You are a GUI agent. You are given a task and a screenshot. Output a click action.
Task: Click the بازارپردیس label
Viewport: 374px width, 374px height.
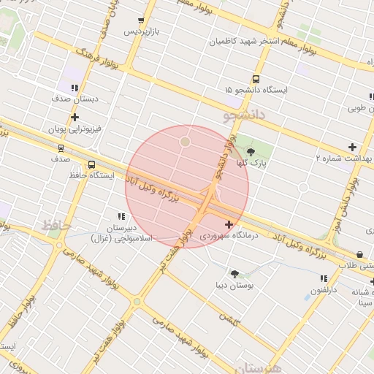(x=140, y=32)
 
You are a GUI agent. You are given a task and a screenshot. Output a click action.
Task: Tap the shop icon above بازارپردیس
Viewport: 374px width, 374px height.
(x=141, y=21)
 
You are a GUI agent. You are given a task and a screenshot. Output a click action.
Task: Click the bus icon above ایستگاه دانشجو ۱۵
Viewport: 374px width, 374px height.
(x=256, y=79)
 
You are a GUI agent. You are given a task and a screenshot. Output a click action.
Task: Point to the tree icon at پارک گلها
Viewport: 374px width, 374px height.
(x=251, y=152)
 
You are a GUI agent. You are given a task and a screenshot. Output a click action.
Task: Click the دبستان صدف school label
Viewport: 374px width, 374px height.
(x=76, y=98)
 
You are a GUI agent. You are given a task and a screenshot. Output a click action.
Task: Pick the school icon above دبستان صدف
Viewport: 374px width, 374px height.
(x=75, y=88)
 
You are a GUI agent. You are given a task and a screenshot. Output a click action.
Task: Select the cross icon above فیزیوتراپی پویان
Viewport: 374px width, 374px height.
(x=75, y=117)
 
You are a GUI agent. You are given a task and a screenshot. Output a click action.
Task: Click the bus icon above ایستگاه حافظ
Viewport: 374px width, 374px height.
(x=91, y=165)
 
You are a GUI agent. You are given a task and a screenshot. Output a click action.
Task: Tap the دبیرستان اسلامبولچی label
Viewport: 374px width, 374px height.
(x=121, y=233)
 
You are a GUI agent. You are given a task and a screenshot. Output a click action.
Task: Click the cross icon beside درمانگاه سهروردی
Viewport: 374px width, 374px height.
(x=230, y=225)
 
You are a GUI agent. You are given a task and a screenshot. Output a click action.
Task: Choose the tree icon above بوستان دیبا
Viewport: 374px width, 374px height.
(x=234, y=274)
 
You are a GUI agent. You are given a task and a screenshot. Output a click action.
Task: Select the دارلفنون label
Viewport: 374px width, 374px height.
(x=324, y=290)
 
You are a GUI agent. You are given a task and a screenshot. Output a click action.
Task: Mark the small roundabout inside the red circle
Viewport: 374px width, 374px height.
(x=186, y=141)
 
